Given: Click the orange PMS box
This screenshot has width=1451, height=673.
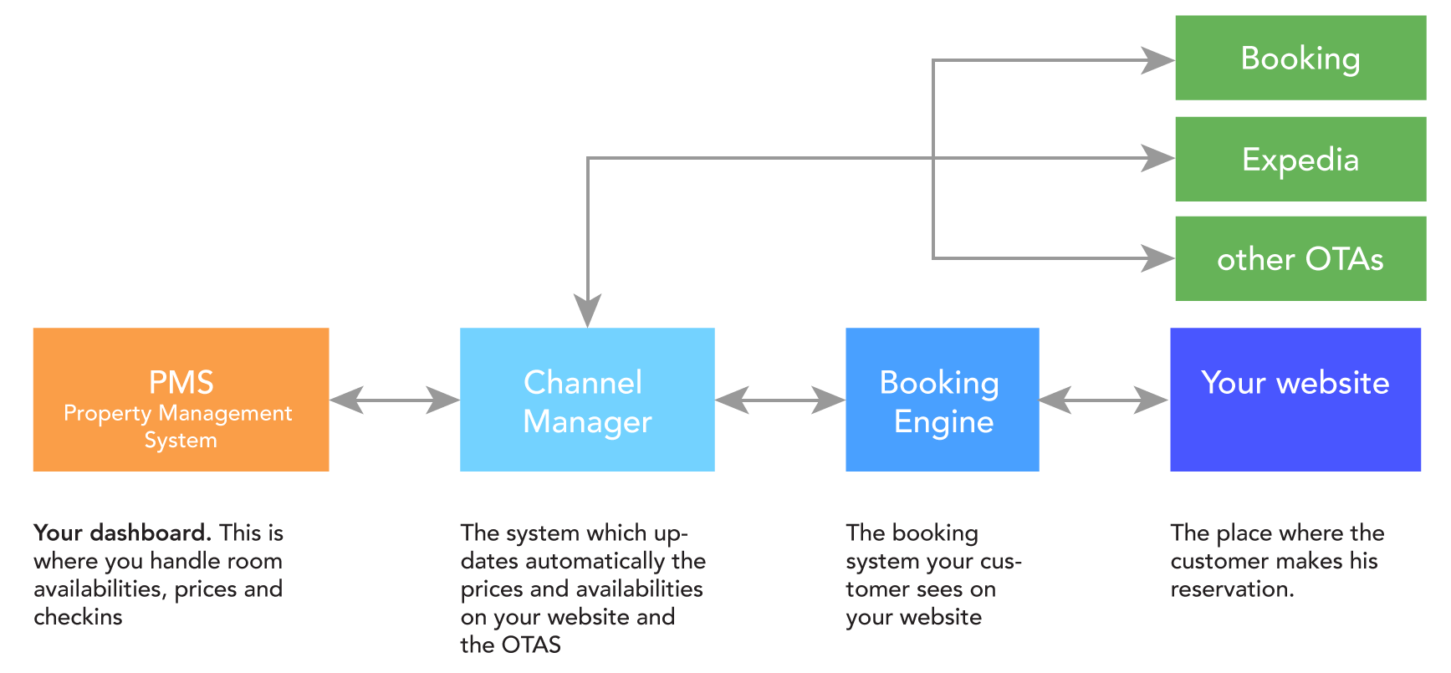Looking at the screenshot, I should point(181,400).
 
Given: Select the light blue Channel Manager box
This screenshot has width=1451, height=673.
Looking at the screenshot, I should point(587,400).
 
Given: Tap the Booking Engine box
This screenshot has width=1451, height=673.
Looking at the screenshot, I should point(942,400).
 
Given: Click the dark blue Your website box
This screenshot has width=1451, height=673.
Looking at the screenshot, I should point(1295,400).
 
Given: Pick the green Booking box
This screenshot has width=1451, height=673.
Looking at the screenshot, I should point(1300,59).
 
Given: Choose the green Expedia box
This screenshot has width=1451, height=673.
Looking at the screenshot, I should point(1300,159).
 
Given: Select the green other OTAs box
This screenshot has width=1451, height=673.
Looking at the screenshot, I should point(1300,259).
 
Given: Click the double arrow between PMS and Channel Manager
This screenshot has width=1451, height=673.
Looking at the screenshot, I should point(395,400).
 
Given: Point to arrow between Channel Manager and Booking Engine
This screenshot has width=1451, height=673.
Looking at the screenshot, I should point(779,400).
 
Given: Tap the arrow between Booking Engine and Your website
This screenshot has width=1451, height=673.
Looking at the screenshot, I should point(1104,400).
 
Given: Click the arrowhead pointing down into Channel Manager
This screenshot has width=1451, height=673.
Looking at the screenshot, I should point(588,311).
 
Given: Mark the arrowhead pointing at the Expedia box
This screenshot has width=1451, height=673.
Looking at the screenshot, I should point(1158,158).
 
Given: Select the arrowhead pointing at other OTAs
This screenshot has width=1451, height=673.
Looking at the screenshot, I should point(1158,258).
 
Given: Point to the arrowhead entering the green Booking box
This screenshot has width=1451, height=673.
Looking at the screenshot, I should point(1158,60).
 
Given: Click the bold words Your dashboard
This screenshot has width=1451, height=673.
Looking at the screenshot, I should point(122,533).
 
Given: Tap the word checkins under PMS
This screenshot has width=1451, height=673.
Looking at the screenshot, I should point(78,617).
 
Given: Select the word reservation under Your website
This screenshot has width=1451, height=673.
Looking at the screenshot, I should point(1230,589).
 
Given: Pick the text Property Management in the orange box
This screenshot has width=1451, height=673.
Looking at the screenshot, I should point(177,413).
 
